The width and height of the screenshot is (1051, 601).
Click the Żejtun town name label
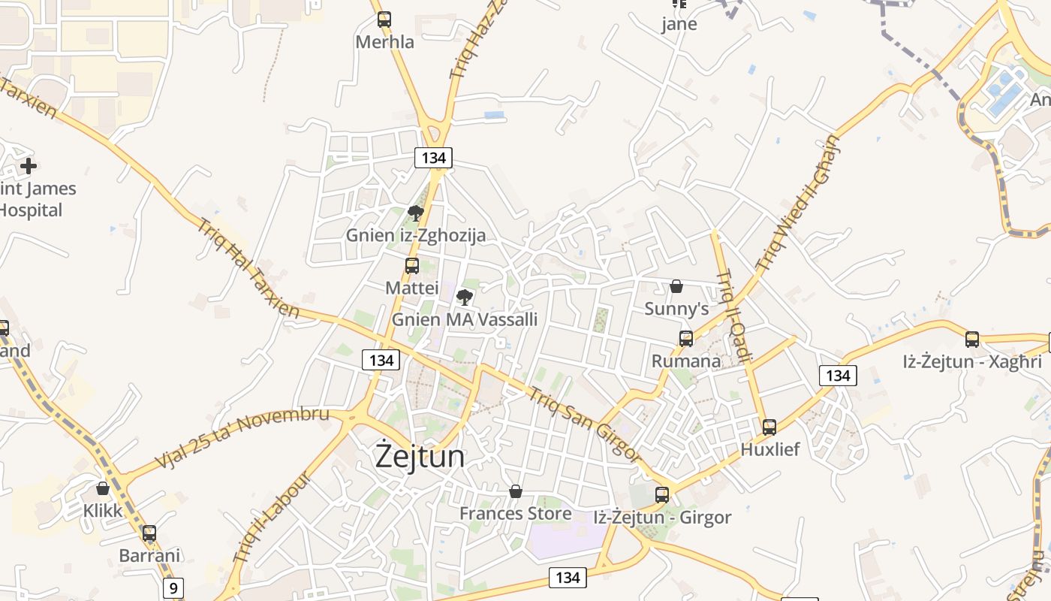tap(420, 457)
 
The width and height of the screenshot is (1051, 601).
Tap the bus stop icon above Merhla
tap(384, 20)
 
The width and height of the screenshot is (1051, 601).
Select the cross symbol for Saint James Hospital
tap(29, 166)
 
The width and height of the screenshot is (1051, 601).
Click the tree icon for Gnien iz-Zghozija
tap(415, 213)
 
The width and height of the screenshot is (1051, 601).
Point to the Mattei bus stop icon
tap(411, 266)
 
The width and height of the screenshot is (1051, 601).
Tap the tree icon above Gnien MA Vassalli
tap(465, 297)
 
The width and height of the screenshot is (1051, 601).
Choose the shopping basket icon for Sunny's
tap(676, 286)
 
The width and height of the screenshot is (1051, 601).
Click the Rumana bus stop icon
tap(685, 339)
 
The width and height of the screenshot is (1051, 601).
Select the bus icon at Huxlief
tap(769, 427)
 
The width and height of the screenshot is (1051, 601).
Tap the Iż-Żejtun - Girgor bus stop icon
tap(661, 495)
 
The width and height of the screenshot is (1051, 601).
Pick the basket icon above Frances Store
tap(515, 491)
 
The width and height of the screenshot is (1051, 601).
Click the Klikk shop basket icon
tap(103, 488)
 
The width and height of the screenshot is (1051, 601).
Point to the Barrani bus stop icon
tap(149, 533)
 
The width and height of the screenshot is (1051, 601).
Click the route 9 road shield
tap(173, 587)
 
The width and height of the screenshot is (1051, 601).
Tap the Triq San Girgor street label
tap(584, 425)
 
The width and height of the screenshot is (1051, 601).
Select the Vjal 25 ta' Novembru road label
tap(242, 436)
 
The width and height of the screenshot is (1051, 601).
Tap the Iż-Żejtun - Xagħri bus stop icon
tap(972, 340)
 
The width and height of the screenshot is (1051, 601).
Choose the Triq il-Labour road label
tap(271, 518)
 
